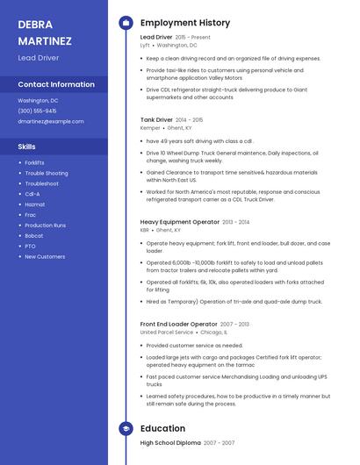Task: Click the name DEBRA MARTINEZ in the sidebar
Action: point(40,32)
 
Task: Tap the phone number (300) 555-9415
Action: point(37,111)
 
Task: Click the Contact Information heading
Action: point(56,84)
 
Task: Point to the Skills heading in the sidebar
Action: point(27,147)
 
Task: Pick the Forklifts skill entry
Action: point(34,162)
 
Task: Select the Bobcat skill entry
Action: point(33,235)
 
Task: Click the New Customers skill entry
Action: point(45,256)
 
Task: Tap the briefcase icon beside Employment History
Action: point(126,22)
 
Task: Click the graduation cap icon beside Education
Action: point(126,428)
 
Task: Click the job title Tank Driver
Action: point(156,119)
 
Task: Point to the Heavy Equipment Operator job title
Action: point(180,222)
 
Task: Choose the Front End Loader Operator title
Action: point(178,324)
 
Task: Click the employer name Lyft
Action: point(145,45)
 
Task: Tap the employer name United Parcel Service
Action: point(166,333)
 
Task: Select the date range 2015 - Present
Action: point(193,38)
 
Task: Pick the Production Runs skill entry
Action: point(45,225)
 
